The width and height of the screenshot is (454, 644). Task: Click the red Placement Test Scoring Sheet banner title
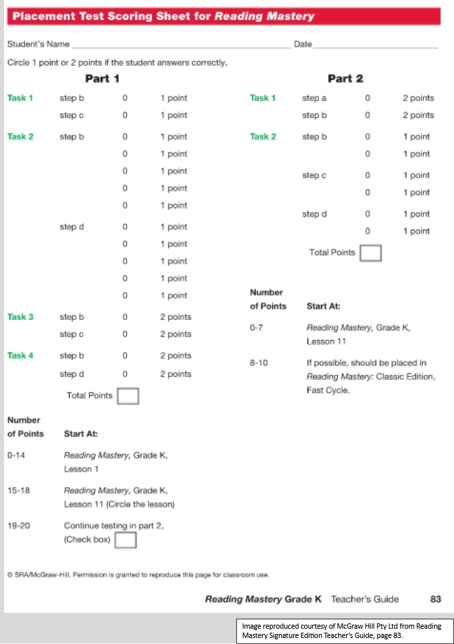163,16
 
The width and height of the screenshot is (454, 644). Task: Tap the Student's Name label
38,45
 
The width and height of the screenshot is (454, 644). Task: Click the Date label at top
302,45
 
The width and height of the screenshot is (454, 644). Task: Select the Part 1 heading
102,79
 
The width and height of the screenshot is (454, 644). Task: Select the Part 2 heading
345,79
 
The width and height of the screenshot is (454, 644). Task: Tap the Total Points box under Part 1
128,396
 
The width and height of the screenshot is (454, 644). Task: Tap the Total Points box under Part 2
370,253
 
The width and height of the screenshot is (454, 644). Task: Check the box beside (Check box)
126,540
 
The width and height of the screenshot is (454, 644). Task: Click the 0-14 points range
16,456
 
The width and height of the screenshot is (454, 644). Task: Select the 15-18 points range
17,490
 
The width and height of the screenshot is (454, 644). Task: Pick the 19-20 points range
17,526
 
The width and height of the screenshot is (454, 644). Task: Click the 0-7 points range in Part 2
256,328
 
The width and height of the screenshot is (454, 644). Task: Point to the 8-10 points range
258,363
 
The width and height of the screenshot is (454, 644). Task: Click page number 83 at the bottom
435,599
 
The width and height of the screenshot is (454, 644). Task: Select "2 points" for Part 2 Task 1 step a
418,98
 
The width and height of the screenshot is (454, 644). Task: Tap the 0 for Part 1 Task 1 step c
124,115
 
